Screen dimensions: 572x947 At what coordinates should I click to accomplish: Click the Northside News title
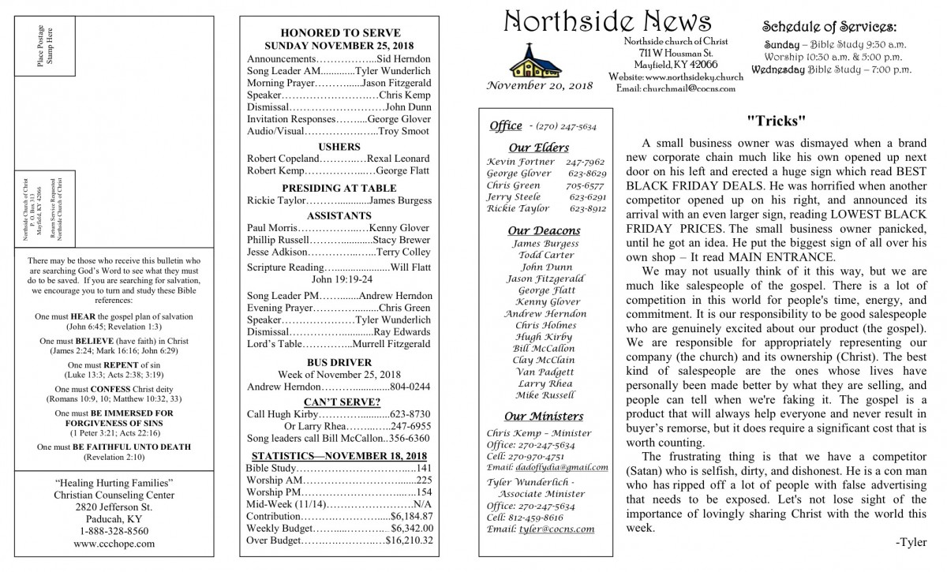(606, 21)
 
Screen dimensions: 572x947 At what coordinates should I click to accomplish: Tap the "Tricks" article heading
(776, 121)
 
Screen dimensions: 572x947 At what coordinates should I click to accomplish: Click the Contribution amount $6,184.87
(407, 515)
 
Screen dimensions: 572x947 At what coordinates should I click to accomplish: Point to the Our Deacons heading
(544, 230)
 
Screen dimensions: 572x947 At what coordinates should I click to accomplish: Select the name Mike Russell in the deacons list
(545, 394)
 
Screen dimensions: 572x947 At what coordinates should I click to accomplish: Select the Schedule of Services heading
(840, 26)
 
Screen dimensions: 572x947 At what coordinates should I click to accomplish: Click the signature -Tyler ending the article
(911, 543)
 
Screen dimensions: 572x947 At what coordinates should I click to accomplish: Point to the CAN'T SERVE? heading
(339, 402)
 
